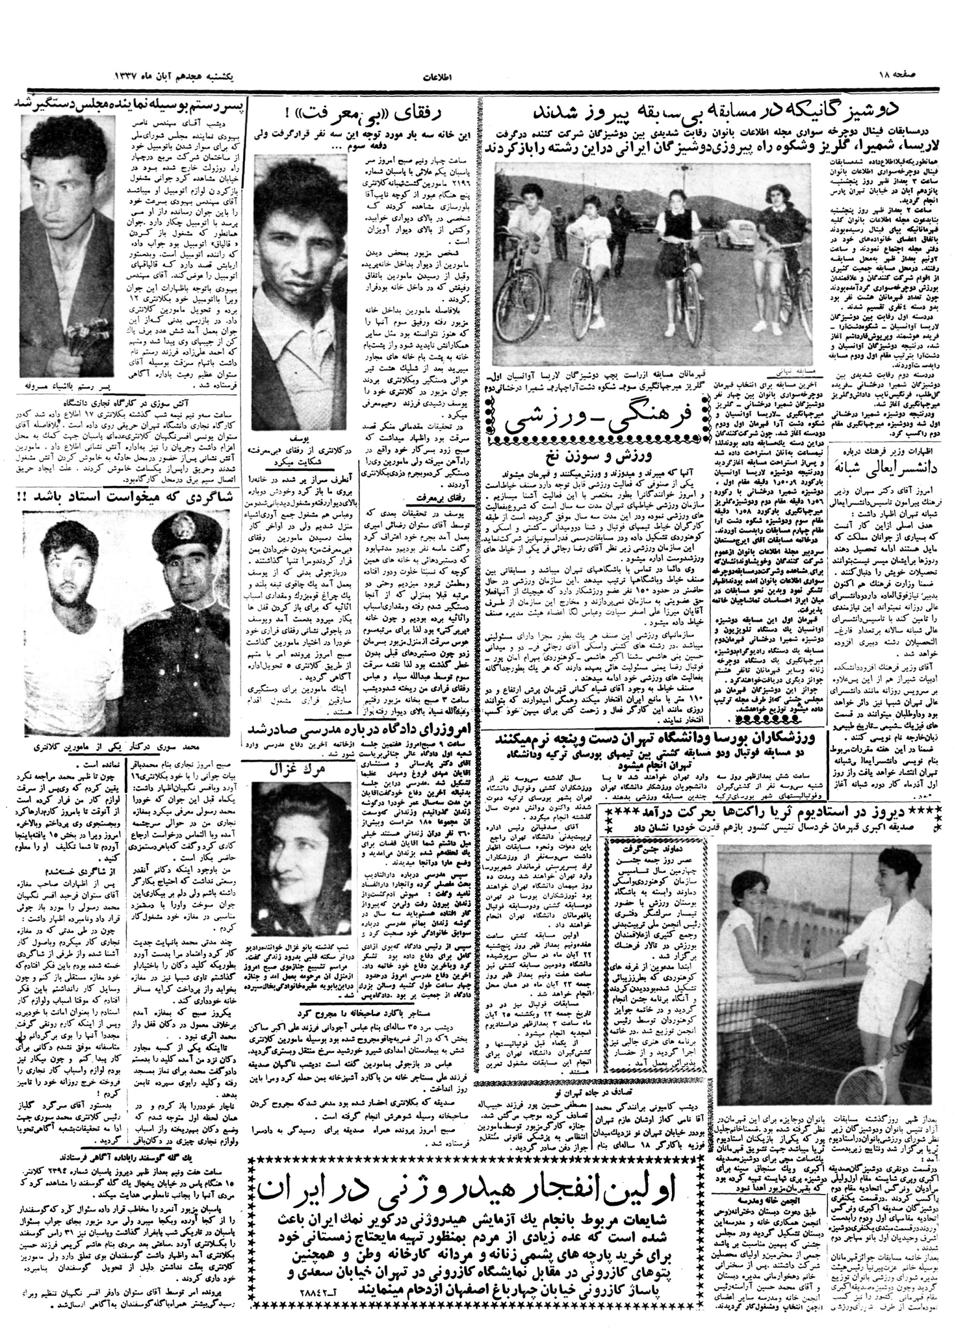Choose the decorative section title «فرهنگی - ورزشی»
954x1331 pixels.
601,423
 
